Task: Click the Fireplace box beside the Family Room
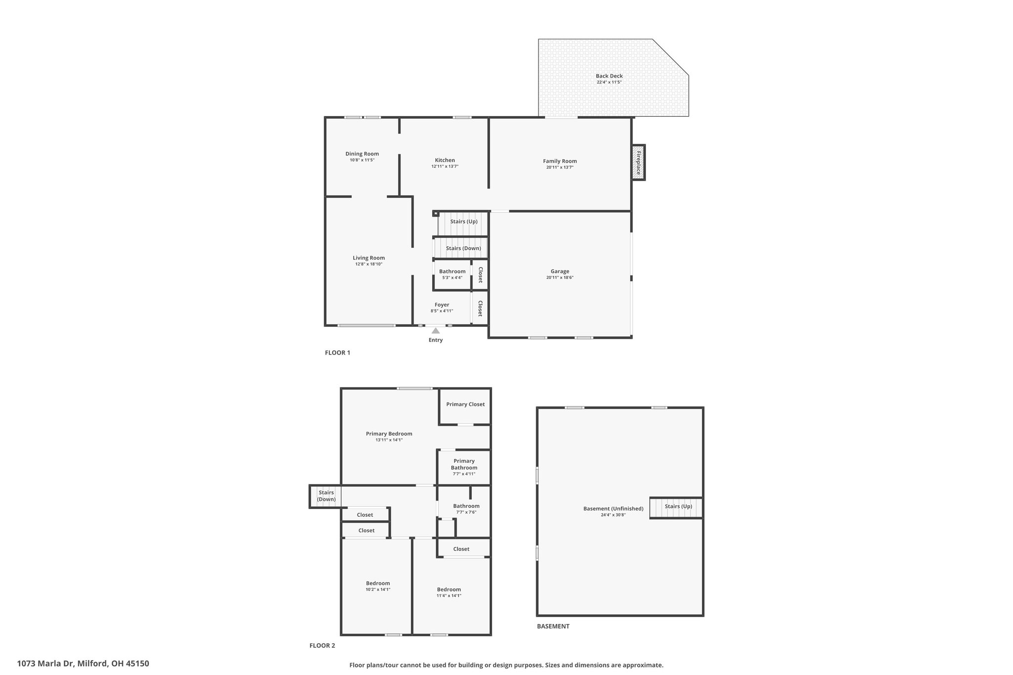point(638,163)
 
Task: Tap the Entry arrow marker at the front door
point(435,330)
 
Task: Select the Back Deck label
point(609,76)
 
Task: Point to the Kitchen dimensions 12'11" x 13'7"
point(445,167)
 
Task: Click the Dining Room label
point(362,154)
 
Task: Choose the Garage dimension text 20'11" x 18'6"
point(560,278)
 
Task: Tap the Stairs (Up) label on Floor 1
point(464,222)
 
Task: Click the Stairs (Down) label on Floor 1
point(463,248)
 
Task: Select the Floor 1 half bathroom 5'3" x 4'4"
point(452,274)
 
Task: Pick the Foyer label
point(442,305)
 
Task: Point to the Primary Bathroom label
point(464,464)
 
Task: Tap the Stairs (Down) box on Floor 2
point(325,496)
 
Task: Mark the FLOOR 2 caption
point(322,645)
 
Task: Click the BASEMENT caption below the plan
point(553,626)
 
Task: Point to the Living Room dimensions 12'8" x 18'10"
point(368,264)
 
